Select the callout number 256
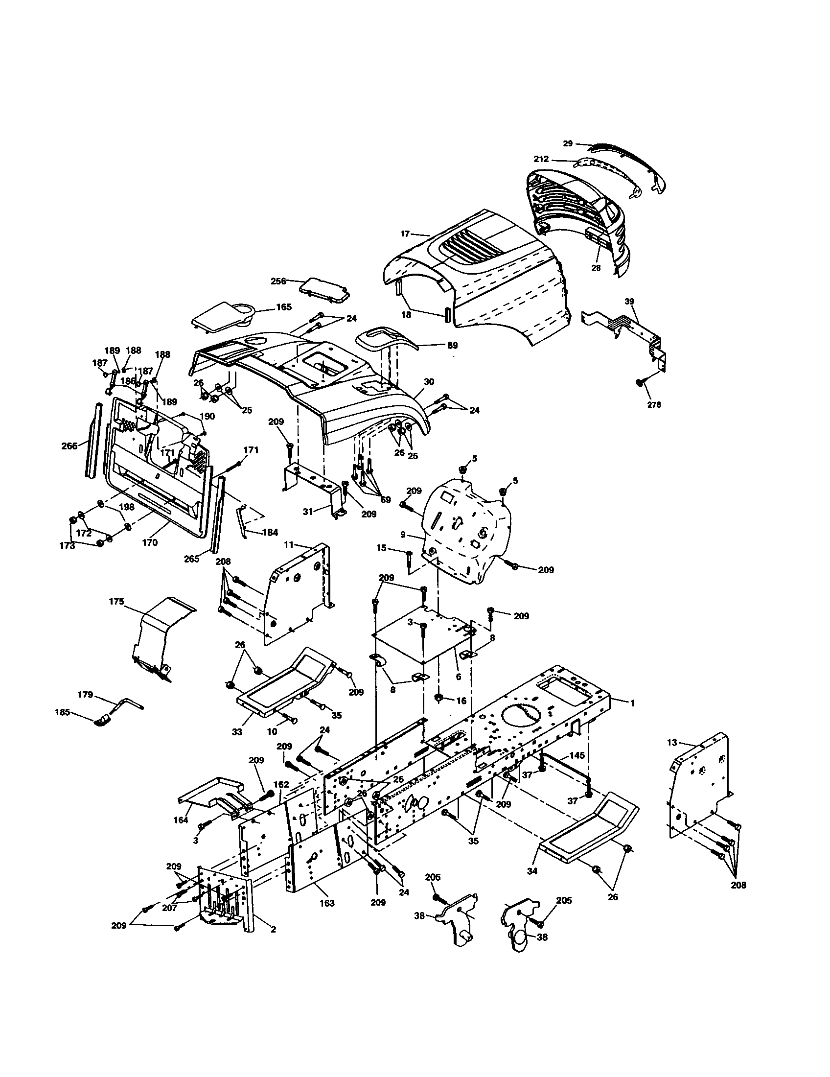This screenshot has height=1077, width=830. pos(278,281)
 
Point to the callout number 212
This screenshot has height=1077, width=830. pos(541,160)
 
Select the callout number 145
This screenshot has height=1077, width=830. pos(577,755)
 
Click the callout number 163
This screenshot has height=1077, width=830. pos(327,903)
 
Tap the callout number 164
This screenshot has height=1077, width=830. pos(181,819)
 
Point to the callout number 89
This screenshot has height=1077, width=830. pos(452,346)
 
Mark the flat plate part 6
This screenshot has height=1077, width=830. pos(424,636)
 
